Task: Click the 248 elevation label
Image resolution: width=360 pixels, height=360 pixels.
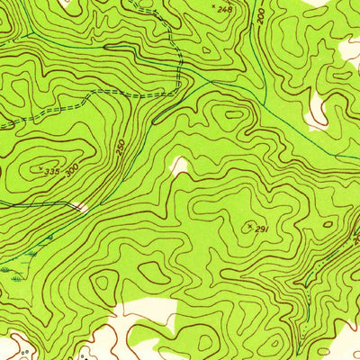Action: click(x=224, y=9)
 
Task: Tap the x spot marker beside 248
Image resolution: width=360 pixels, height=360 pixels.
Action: click(x=213, y=7)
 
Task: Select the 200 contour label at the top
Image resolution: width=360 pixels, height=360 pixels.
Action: click(x=261, y=15)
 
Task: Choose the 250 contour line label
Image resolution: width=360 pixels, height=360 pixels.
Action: click(x=121, y=146)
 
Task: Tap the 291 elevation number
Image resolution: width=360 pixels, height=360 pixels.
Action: click(x=262, y=229)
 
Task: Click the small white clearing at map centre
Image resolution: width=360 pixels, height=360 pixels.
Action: click(x=180, y=165)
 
